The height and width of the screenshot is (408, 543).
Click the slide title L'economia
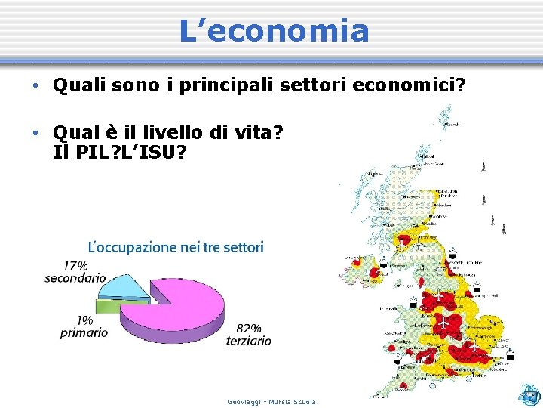[274, 31]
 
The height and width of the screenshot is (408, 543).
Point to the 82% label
[249, 328]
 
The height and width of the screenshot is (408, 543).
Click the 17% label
[75, 265]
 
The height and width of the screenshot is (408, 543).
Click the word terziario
[248, 341]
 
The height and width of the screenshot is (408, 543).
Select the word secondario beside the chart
[75, 277]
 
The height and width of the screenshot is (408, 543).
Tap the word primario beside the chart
[84, 332]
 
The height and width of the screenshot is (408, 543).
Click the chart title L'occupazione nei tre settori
[176, 247]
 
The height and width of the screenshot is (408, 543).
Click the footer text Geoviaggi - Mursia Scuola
[271, 402]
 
